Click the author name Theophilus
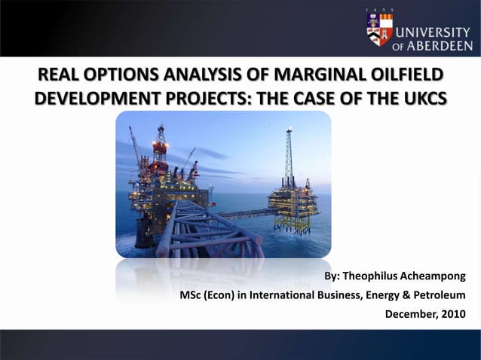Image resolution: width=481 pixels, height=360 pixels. click(x=369, y=276)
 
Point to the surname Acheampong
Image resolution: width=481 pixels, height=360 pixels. click(x=434, y=276)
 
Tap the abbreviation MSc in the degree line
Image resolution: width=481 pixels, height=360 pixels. click(x=191, y=294)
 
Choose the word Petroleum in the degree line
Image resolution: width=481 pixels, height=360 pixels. click(x=440, y=294)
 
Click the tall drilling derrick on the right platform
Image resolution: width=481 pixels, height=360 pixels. click(x=288, y=158)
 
